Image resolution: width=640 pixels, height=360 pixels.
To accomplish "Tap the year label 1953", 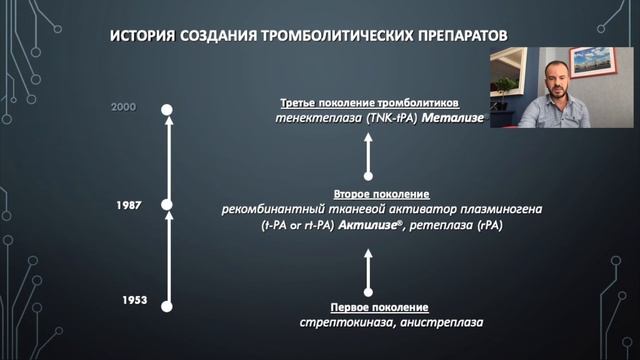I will tap(135, 300).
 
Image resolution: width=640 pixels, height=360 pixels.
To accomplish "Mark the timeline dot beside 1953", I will tap(168, 307).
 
